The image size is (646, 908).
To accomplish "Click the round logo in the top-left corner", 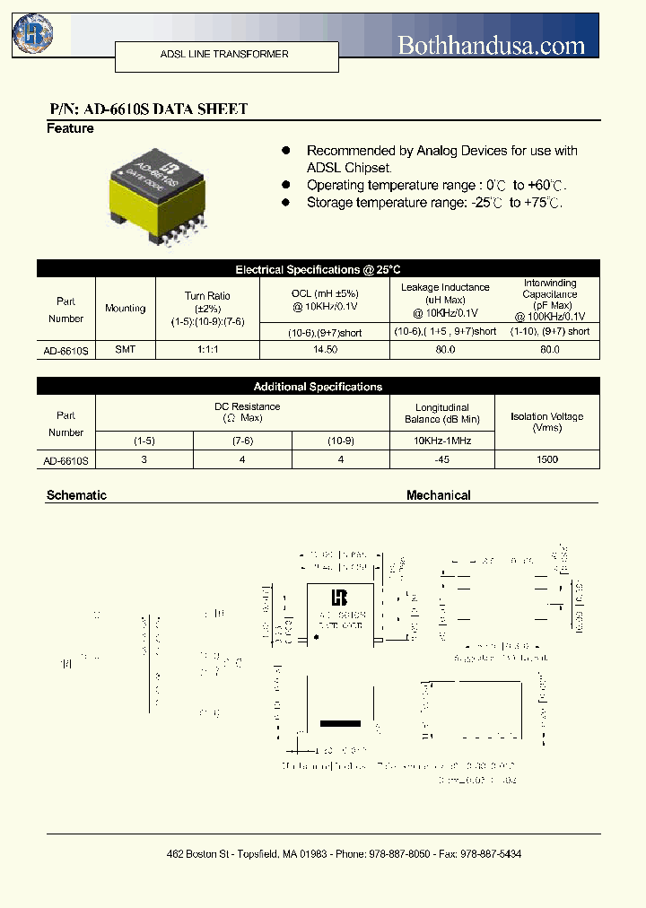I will (33, 34).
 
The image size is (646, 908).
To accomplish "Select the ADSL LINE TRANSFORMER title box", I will (225, 56).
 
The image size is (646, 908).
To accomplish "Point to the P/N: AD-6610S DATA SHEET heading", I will (148, 109).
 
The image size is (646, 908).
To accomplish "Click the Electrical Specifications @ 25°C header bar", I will (318, 269).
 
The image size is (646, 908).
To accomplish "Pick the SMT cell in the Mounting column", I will (125, 349).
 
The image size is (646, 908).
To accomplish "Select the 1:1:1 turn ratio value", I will (207, 349).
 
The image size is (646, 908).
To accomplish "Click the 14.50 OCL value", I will (325, 349).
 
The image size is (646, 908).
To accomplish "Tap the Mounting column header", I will (125, 309).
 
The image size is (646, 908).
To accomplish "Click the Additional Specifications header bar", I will (318, 387).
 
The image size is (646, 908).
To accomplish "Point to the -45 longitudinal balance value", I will (441, 459).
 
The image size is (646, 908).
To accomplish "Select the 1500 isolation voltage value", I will (546, 459).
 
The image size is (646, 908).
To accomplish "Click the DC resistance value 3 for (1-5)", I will (144, 459).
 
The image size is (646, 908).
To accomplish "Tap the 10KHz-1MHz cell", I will (441, 441).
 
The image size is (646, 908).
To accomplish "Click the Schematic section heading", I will (76, 495).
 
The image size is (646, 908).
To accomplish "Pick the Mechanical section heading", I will (438, 495).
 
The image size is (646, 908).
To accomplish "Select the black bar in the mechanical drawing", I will (340, 723).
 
